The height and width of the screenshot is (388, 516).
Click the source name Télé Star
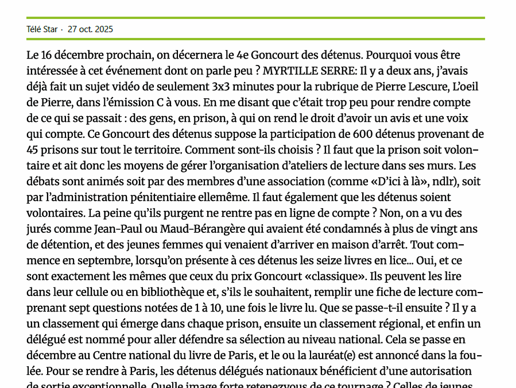(x=42, y=29)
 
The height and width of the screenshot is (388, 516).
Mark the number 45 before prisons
(x=33, y=150)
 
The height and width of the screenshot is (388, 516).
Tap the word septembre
(x=106, y=260)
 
